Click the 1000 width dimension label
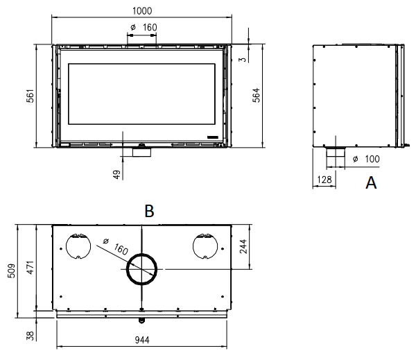click(142, 11)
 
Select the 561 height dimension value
click(31, 96)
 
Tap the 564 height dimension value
click(257, 95)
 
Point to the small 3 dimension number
click(243, 59)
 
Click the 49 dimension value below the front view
click(116, 174)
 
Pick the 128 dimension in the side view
click(324, 180)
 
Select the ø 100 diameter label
click(366, 159)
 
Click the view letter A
click(371, 182)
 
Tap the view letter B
click(149, 212)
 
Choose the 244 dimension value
click(243, 246)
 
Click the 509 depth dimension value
click(12, 271)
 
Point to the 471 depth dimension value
click(31, 267)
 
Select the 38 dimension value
click(31, 336)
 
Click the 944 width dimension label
click(142, 340)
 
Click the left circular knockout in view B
click(66, 246)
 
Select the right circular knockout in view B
click(193, 246)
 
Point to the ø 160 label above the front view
click(144, 27)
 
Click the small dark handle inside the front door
click(213, 137)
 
